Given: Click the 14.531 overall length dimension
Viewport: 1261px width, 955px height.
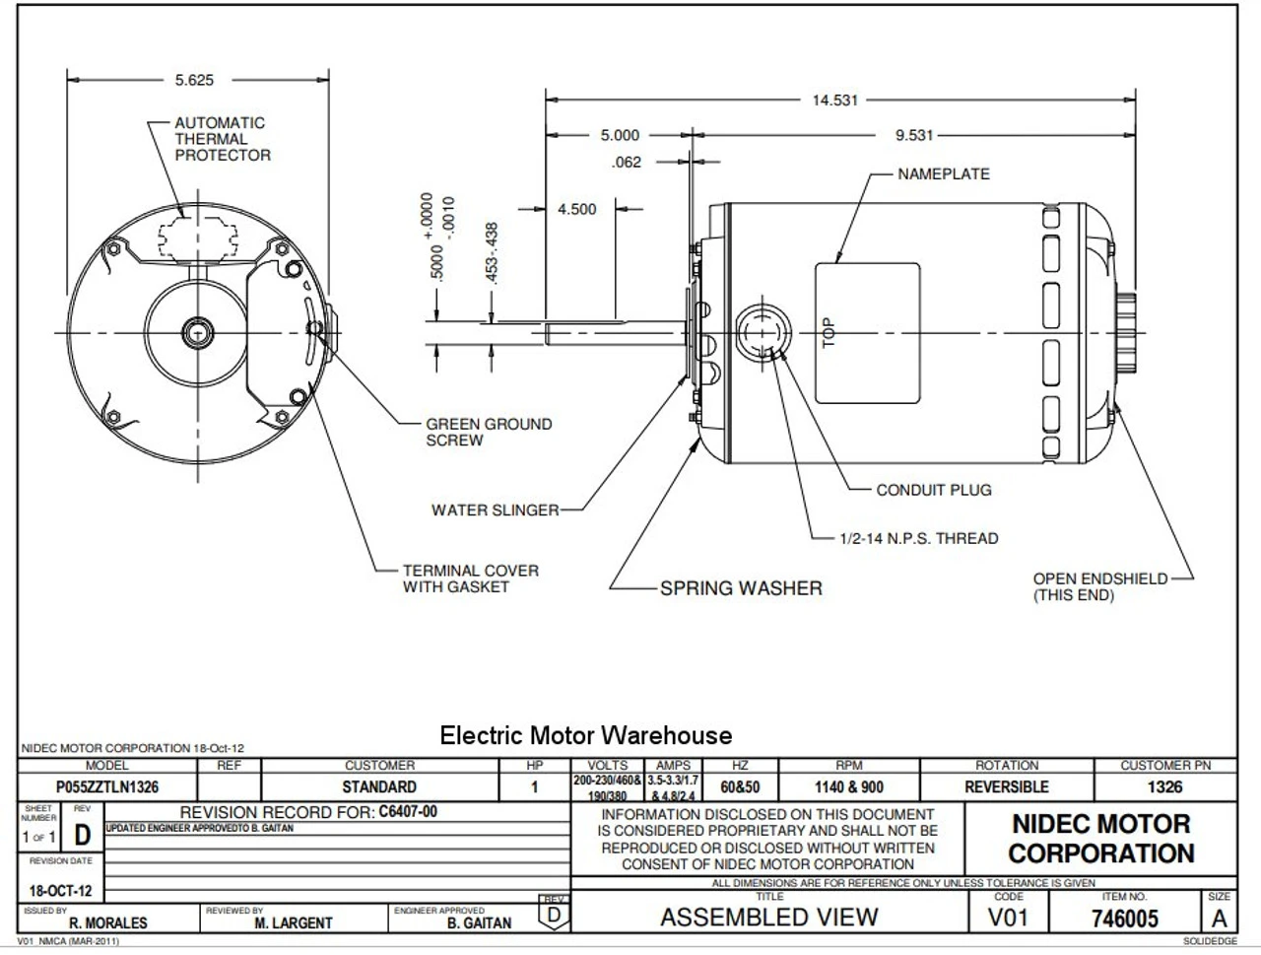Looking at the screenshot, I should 834,101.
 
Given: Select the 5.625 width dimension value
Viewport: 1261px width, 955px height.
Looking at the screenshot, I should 193,81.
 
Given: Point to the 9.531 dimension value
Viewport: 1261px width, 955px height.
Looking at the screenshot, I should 913,136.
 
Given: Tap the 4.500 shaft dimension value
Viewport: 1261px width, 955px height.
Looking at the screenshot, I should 576,209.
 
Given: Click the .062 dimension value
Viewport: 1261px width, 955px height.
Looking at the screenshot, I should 627,163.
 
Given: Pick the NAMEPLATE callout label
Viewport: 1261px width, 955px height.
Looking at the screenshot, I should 943,174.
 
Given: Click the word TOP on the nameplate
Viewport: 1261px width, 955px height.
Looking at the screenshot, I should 829,332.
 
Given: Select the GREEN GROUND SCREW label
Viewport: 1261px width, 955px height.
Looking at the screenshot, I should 489,432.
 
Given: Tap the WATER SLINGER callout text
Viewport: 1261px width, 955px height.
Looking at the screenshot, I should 495,511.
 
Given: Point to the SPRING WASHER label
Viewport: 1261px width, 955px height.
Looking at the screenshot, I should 741,588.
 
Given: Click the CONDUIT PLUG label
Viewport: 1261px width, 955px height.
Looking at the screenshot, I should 933,490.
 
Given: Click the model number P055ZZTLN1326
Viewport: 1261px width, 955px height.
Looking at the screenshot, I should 107,787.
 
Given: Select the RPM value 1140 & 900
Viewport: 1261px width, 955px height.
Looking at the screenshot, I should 848,787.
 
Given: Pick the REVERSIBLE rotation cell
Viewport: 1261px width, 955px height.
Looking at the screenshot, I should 1006,787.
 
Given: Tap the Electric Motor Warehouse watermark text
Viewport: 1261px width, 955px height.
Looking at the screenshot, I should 585,736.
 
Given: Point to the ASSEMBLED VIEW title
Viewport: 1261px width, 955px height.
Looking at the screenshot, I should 768,918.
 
